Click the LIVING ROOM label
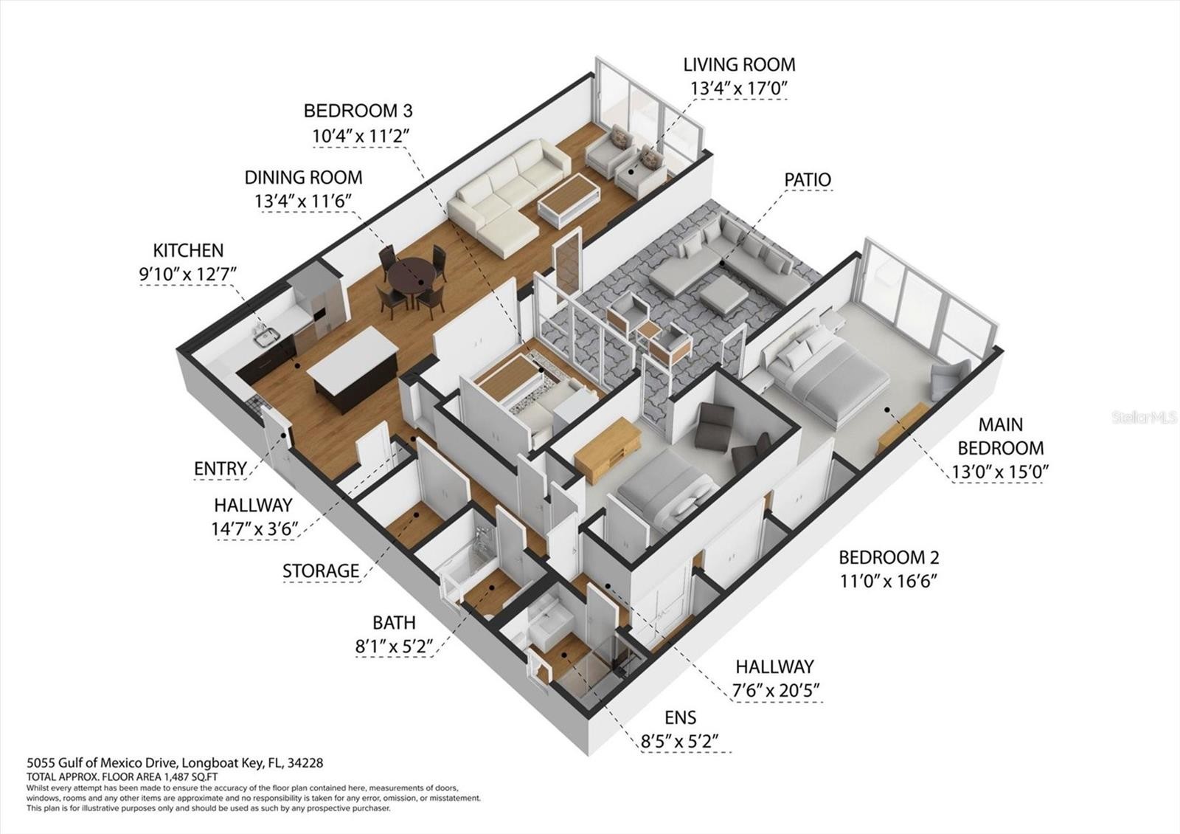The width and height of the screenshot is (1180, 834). coord(739,65)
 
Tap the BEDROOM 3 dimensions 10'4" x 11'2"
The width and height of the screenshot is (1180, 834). coord(361,136)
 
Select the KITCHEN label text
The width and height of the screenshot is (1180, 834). coord(188,250)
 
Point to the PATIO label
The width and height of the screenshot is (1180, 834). coord(808,180)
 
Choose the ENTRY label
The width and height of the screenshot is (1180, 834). coord(221,468)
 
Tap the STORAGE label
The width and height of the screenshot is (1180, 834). coord(321,571)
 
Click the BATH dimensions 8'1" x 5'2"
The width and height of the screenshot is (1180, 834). coord(394,646)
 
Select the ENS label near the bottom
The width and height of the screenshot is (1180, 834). coord(681,717)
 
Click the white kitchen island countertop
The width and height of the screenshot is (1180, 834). coord(352,350)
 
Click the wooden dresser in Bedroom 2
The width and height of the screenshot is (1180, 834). coord(608,449)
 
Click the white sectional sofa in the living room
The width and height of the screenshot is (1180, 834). coord(507,197)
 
